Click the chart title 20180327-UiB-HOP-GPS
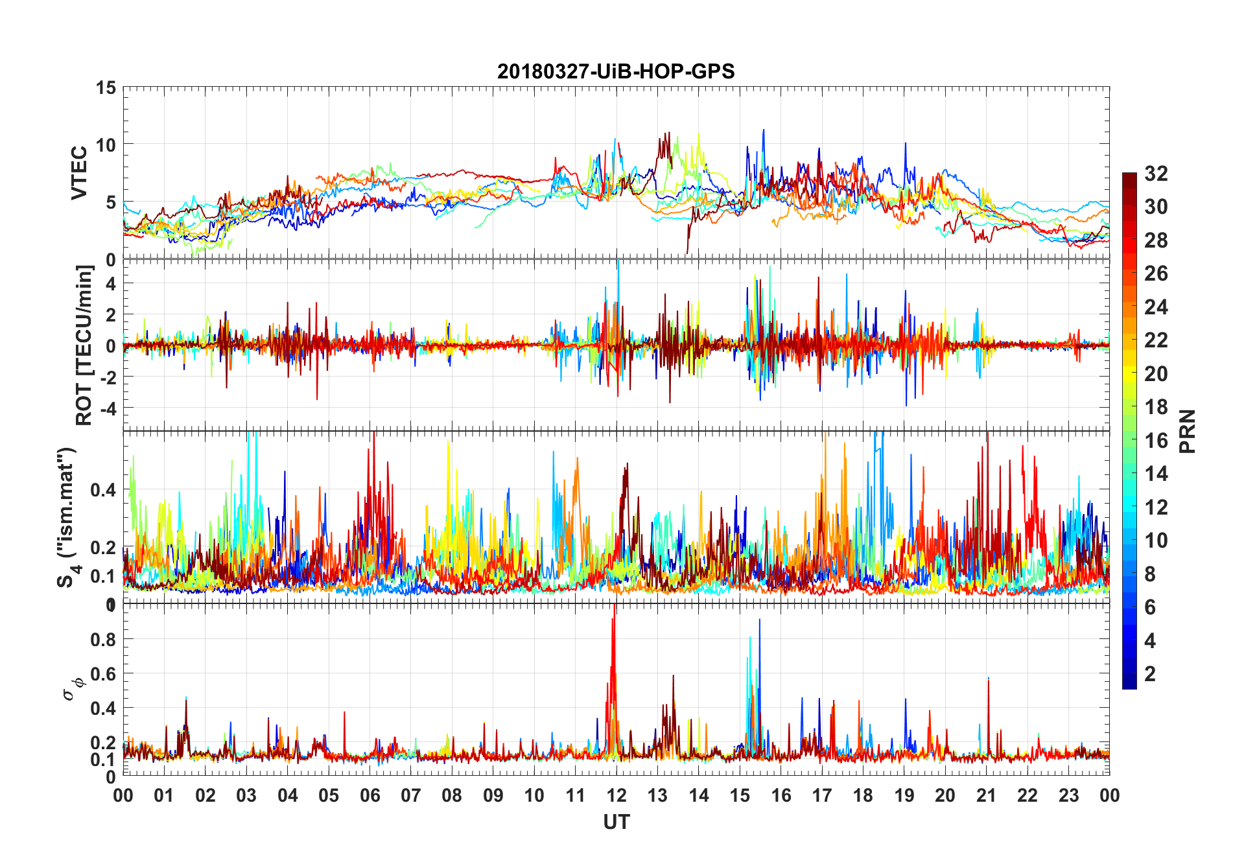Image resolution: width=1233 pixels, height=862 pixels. [616, 71]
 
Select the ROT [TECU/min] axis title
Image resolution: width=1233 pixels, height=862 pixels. [84, 345]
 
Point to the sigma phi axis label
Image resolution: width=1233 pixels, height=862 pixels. [73, 688]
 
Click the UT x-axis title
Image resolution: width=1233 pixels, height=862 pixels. [616, 822]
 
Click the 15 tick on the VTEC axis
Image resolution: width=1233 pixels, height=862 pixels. [106, 87]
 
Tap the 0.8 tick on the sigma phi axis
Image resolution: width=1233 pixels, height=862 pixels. [104, 639]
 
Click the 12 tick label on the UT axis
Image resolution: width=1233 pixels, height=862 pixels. [616, 795]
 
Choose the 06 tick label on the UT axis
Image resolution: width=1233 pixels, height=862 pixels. [370, 795]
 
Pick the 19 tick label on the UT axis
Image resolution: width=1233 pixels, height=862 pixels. [904, 795]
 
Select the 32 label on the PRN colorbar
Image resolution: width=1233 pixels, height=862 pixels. [1156, 174]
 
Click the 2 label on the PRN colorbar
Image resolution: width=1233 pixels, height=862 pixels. [1150, 674]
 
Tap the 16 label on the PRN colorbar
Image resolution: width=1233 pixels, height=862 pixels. [1156, 441]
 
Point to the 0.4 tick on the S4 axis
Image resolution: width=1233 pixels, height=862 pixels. [104, 489]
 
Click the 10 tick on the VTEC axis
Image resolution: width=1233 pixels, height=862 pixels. [106, 145]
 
